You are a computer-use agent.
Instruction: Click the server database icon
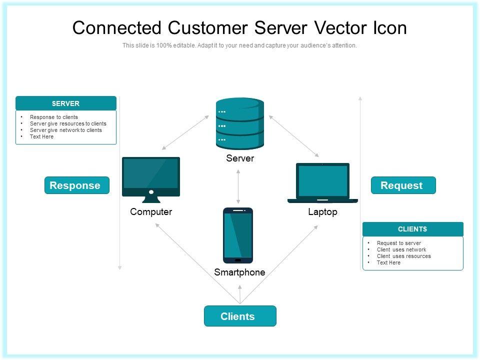point(240,123)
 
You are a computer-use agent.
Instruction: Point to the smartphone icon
point(238,235)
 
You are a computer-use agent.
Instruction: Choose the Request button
point(403,185)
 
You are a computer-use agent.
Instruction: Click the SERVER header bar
point(66,103)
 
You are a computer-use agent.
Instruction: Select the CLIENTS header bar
point(412,229)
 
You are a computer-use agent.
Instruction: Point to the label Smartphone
point(239,272)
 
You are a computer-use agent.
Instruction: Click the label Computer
point(151,212)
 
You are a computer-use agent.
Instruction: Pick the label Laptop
point(322,212)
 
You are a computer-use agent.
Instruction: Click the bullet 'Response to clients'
point(54,117)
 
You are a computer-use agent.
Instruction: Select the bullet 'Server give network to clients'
point(65,130)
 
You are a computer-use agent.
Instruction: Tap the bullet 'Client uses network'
point(401,249)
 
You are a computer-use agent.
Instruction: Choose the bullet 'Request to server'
point(399,243)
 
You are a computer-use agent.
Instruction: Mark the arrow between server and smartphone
point(238,185)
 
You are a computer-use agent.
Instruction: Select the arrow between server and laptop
point(294,136)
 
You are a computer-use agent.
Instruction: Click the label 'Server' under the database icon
point(240,158)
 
